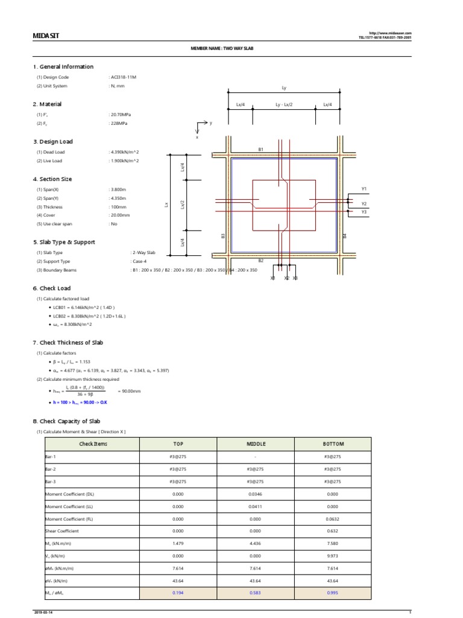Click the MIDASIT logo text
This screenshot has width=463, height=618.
[x=46, y=36]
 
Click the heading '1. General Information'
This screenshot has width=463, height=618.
[x=63, y=67]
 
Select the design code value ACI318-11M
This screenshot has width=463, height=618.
[x=124, y=77]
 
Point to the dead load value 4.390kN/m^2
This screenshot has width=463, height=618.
[x=124, y=152]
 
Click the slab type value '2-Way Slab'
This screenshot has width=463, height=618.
[x=143, y=252]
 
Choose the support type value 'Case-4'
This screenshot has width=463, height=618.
[x=139, y=261]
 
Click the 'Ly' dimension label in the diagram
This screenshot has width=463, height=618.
[x=284, y=88]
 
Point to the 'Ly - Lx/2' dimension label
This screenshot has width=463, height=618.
[x=284, y=104]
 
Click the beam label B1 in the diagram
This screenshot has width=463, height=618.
[x=260, y=148]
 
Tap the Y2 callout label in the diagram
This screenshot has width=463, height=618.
[x=364, y=204]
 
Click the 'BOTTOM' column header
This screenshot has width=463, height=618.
[x=333, y=444]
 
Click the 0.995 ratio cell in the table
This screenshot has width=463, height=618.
[x=333, y=593]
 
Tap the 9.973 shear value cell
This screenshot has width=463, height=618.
[x=333, y=556]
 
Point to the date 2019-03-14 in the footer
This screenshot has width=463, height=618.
[x=43, y=613]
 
